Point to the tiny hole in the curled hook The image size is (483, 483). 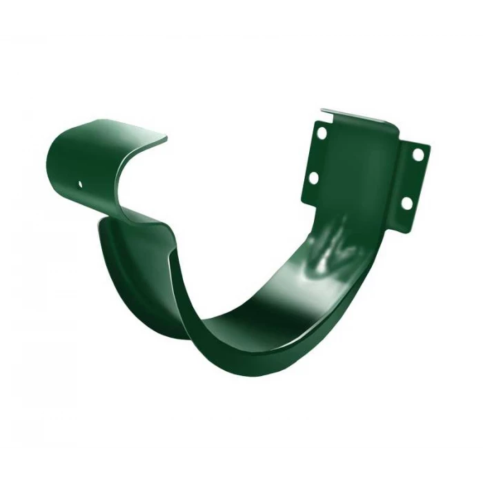[80, 184]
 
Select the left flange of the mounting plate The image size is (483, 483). [316, 155]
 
